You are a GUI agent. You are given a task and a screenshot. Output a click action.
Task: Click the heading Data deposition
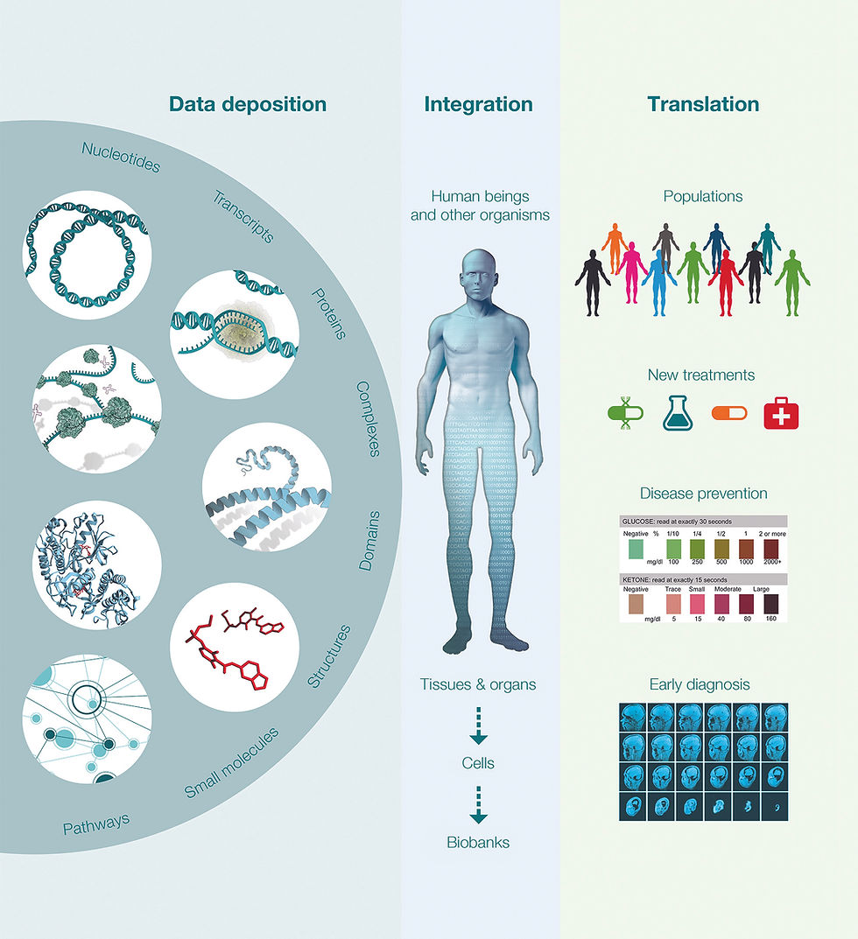click(248, 104)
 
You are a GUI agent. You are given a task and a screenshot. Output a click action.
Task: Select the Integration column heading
click(478, 104)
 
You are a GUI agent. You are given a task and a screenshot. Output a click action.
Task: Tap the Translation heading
click(703, 104)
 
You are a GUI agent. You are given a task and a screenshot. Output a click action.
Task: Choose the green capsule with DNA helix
click(626, 414)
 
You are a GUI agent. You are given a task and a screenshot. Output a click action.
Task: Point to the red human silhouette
click(726, 281)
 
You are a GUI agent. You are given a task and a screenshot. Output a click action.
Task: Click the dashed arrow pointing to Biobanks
click(478, 805)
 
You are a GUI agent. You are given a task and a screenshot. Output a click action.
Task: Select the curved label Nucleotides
click(121, 156)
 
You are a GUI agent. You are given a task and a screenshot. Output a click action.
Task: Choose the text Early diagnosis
click(700, 684)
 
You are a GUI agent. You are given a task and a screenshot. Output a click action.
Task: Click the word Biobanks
click(477, 843)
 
